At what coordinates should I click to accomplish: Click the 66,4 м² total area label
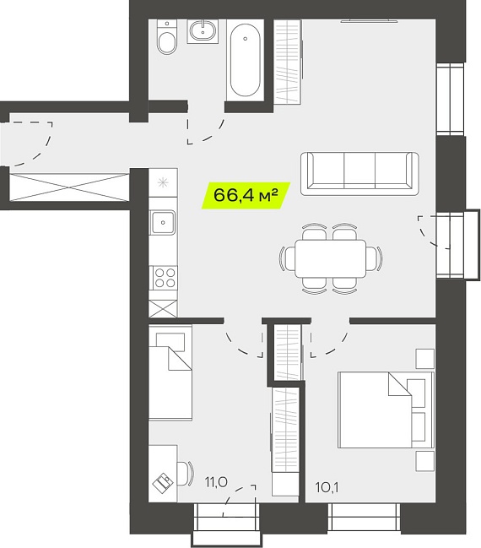click(246, 195)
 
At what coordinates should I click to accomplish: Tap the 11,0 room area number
click(216, 482)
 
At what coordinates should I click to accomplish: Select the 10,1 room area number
click(327, 487)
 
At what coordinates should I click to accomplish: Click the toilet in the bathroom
click(166, 36)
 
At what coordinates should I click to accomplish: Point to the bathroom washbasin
click(203, 30)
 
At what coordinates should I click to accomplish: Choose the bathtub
click(246, 60)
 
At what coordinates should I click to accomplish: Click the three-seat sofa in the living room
click(359, 173)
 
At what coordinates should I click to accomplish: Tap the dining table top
click(331, 258)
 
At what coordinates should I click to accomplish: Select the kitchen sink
click(163, 222)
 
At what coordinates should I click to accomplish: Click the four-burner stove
click(163, 278)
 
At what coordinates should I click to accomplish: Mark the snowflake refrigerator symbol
click(163, 182)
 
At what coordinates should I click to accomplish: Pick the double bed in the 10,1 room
click(386, 410)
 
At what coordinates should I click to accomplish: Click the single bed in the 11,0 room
click(170, 372)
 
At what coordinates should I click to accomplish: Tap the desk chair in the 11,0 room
click(185, 474)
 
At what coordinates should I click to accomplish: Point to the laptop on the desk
click(163, 483)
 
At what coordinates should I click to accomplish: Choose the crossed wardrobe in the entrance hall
click(69, 187)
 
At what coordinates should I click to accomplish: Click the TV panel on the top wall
click(370, 21)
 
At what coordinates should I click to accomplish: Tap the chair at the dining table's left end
click(286, 258)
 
